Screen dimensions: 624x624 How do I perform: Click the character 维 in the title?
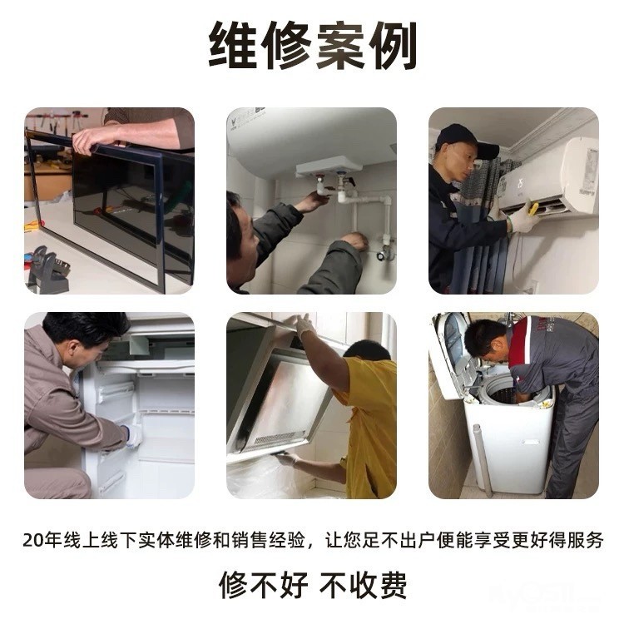tap(233, 45)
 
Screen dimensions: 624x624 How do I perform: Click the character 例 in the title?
tap(392, 45)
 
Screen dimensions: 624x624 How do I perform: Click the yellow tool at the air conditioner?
tap(532, 208)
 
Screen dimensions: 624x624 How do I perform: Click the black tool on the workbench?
tap(47, 270)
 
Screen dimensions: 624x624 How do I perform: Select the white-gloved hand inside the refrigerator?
tap(133, 435)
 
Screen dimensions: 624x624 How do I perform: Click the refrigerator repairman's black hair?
tap(86, 329)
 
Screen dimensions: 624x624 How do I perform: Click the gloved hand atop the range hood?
tap(305, 324)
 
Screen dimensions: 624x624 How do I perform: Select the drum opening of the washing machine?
tap(513, 395)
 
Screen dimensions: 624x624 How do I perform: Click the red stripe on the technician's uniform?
tap(521, 341)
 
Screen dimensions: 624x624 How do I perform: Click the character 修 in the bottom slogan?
tap(233, 585)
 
